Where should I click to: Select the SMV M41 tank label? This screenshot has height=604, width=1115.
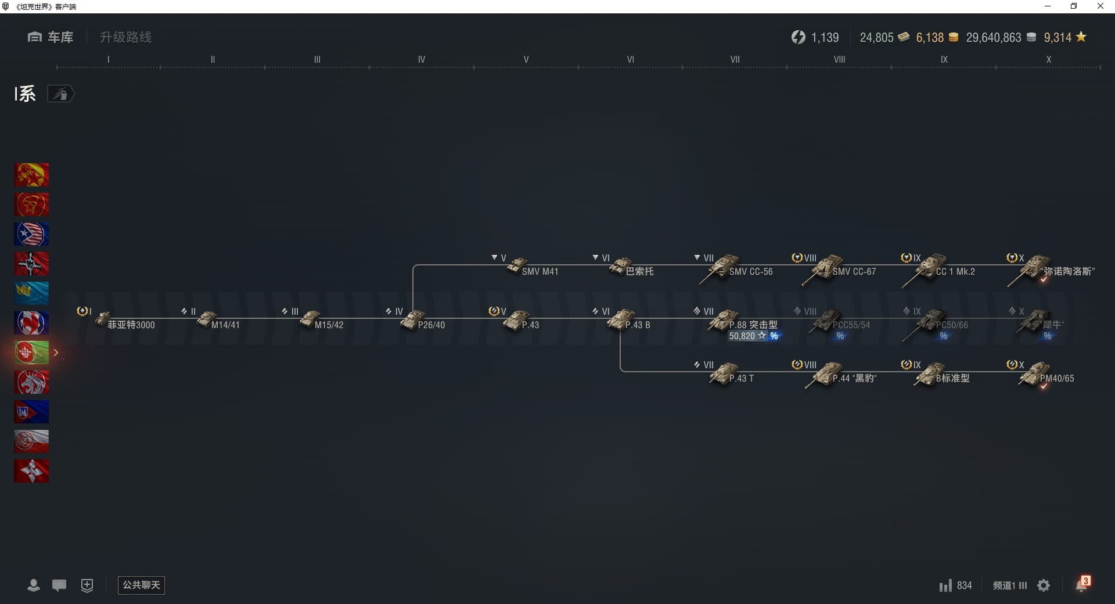539,271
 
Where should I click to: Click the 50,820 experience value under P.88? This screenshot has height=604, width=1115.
742,336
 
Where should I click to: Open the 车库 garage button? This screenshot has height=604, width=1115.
51,37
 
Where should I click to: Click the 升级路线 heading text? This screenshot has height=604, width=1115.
125,37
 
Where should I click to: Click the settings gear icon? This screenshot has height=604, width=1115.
1044,585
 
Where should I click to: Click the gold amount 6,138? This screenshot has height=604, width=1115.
930,38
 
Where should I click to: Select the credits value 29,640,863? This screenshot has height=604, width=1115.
993,38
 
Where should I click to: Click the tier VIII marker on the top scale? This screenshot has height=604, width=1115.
839,59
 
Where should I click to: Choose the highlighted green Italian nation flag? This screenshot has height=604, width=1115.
31,353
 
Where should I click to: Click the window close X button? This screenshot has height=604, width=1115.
1100,6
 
